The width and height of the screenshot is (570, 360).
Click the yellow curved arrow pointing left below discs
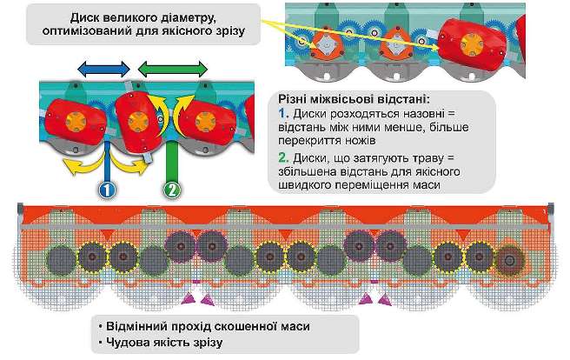(70, 162)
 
